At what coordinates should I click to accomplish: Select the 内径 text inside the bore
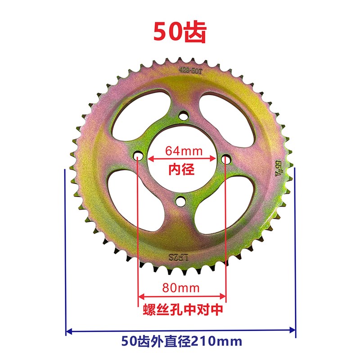pyautogui.click(x=181, y=170)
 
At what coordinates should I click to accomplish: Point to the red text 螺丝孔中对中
pyautogui.click(x=182, y=310)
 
